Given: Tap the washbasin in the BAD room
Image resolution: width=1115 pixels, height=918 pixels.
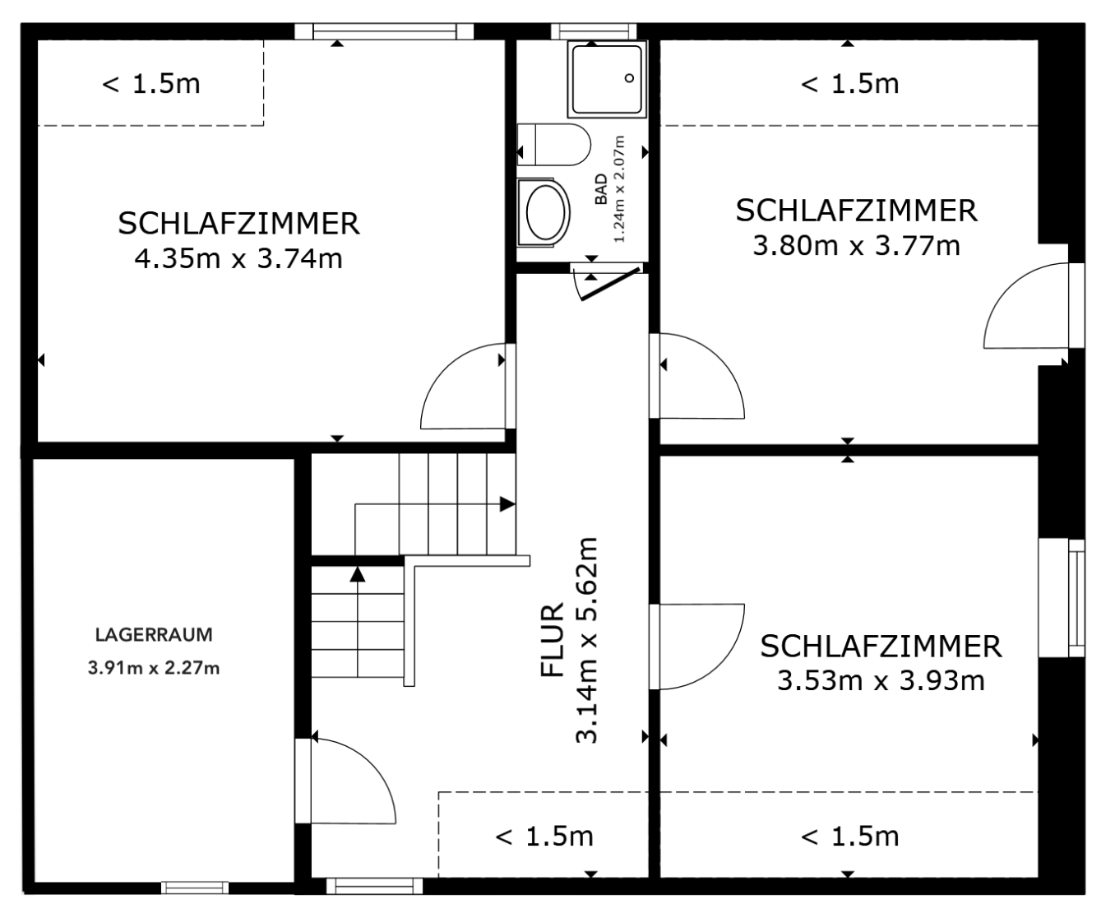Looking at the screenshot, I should [x=545, y=211].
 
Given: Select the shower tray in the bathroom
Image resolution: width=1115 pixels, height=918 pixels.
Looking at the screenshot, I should [x=607, y=79].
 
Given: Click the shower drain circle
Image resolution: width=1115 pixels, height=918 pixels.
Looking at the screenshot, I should [x=630, y=79].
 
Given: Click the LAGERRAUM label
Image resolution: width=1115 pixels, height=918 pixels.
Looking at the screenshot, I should [x=154, y=635].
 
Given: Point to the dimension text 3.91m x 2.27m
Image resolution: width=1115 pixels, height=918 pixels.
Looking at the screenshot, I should [x=154, y=668].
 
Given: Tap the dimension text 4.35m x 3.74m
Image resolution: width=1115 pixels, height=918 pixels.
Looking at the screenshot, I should [x=238, y=259].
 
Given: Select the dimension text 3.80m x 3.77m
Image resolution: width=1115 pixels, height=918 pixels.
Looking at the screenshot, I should [x=856, y=245].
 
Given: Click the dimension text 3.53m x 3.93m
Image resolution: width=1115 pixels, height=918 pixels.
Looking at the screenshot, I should [x=881, y=681].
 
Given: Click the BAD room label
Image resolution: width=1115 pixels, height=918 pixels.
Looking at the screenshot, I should [x=601, y=189].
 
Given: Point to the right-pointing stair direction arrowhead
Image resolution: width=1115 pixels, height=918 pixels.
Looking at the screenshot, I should [x=507, y=504].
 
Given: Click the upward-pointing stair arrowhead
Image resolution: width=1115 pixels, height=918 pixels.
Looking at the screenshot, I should [x=357, y=573].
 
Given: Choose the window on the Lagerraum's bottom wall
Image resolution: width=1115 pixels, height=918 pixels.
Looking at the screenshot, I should [x=194, y=887].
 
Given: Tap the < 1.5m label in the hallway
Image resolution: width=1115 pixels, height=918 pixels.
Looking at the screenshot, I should [x=544, y=837].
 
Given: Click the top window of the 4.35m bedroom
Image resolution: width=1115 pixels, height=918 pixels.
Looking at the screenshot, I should [x=384, y=31].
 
